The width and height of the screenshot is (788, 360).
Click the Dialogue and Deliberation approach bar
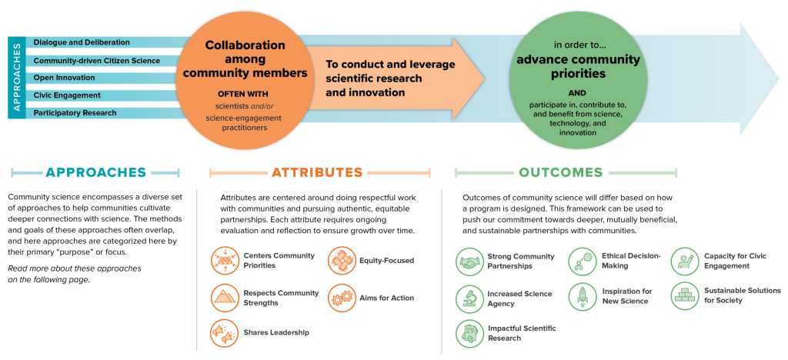(81, 42)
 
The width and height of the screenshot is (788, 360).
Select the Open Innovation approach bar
(65, 78)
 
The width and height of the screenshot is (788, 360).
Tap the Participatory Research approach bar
(75, 113)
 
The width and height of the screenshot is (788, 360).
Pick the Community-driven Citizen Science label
(96, 60)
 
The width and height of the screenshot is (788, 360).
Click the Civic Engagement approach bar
(67, 95)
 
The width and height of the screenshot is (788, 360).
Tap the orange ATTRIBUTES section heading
(316, 173)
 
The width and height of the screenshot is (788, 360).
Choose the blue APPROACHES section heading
(95, 173)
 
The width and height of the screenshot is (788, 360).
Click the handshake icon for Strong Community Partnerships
(468, 262)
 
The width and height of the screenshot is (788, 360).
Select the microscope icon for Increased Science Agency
(468, 296)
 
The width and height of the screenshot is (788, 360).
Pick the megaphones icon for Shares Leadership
(225, 333)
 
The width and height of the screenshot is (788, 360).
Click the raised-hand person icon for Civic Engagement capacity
(684, 262)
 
